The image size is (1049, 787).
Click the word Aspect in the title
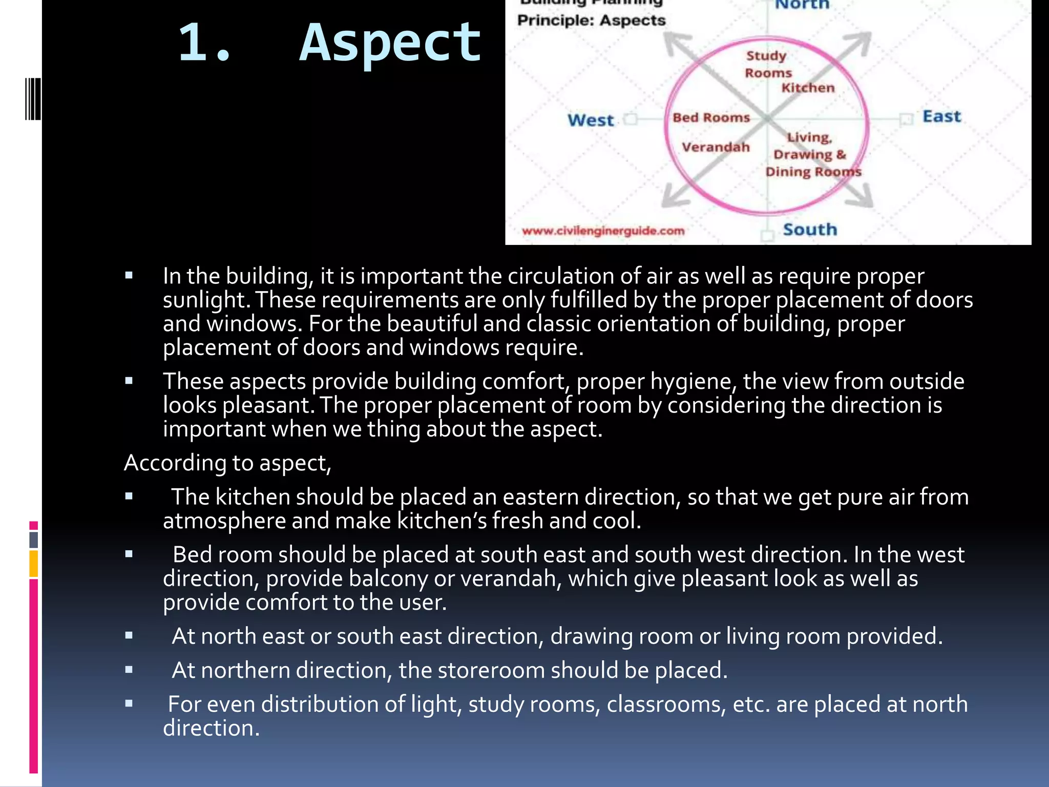(390, 43)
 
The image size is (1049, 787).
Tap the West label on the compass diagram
(590, 120)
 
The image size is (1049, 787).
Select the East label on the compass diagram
(941, 117)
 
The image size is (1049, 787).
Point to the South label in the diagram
(809, 230)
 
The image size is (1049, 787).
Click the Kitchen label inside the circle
(807, 88)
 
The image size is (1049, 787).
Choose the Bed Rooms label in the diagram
(711, 118)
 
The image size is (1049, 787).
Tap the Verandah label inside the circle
(715, 148)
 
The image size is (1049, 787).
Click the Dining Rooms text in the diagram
(813, 172)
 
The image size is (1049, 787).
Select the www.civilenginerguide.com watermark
(603, 231)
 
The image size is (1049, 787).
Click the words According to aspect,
(227, 463)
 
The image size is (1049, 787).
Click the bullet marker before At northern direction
(129, 670)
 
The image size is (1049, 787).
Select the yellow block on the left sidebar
(33, 564)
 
